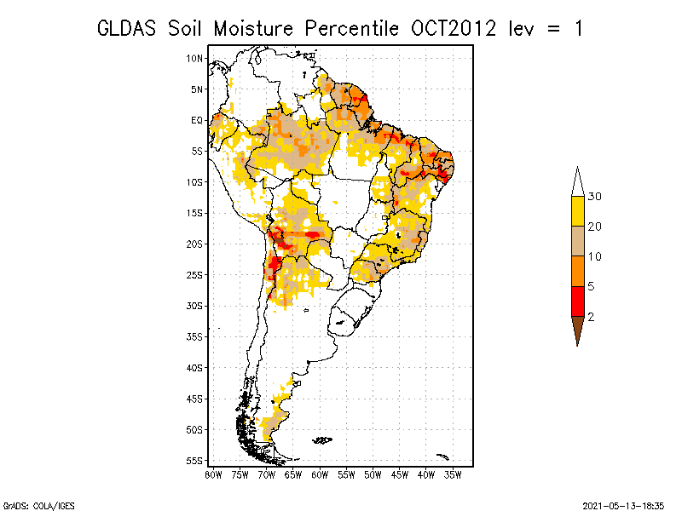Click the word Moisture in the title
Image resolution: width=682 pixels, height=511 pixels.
click(253, 29)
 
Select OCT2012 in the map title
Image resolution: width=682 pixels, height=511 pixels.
click(454, 29)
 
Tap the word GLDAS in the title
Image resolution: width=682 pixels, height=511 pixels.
click(126, 29)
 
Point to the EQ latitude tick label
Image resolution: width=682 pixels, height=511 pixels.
click(197, 120)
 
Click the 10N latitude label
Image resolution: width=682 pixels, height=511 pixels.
click(194, 58)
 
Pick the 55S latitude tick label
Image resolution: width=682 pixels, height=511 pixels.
click(194, 461)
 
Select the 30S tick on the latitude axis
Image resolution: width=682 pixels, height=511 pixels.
click(194, 306)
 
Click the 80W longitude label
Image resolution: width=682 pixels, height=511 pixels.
click(213, 475)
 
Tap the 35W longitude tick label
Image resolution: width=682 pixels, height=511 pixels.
click(453, 475)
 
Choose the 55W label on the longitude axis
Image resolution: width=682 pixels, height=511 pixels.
click(346, 475)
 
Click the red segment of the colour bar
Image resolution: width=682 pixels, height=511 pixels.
click(578, 301)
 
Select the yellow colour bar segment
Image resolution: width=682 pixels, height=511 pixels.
click(578, 211)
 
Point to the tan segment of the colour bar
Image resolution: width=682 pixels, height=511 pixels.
click(578, 241)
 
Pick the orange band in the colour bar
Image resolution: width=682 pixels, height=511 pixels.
click(578, 271)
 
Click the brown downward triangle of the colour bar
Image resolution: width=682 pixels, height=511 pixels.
click(578, 328)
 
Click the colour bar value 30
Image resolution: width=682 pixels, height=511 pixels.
click(594, 197)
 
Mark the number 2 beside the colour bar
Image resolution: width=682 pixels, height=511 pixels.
click(591, 317)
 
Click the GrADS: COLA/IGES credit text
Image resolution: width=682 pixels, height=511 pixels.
click(39, 506)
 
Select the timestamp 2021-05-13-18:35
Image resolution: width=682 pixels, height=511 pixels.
click(623, 506)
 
